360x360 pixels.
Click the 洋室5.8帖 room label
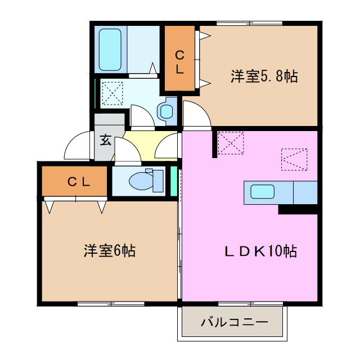coord(263,76)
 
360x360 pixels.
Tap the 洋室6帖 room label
coord(110,250)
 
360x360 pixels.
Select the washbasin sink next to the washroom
coord(166,110)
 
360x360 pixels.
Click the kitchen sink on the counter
coord(262,192)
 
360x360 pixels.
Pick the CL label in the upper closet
coord(179,62)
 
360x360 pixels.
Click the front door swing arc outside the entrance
coord(78,147)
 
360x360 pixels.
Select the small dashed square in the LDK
coord(231,142)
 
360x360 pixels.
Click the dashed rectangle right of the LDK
coord(294,159)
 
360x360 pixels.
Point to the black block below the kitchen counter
coord(298,209)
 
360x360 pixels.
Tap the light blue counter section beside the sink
coord(305,192)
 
